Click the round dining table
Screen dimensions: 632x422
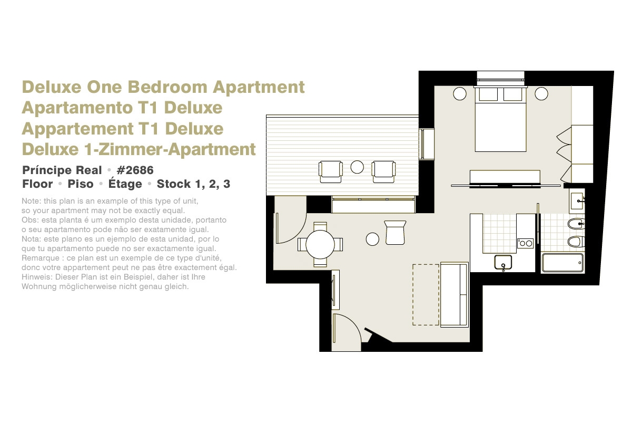320,244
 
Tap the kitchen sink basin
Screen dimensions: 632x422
503,262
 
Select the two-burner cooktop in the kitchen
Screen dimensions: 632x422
526,243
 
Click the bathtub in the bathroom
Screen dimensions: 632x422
562,263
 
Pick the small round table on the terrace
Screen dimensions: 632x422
357,167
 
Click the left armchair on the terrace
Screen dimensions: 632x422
330,171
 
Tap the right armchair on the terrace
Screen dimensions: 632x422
383,171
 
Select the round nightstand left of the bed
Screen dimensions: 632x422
460,93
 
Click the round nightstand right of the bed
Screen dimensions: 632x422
541,93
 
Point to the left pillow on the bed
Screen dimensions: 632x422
488,94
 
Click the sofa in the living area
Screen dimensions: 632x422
454,294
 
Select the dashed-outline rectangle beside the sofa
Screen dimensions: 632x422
426,294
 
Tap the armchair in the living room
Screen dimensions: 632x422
395,232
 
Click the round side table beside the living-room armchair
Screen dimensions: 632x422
372,239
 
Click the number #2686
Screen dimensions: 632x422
135,170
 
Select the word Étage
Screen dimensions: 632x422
125,184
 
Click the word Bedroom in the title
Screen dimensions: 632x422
167,87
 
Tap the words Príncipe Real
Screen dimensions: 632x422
62,170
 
